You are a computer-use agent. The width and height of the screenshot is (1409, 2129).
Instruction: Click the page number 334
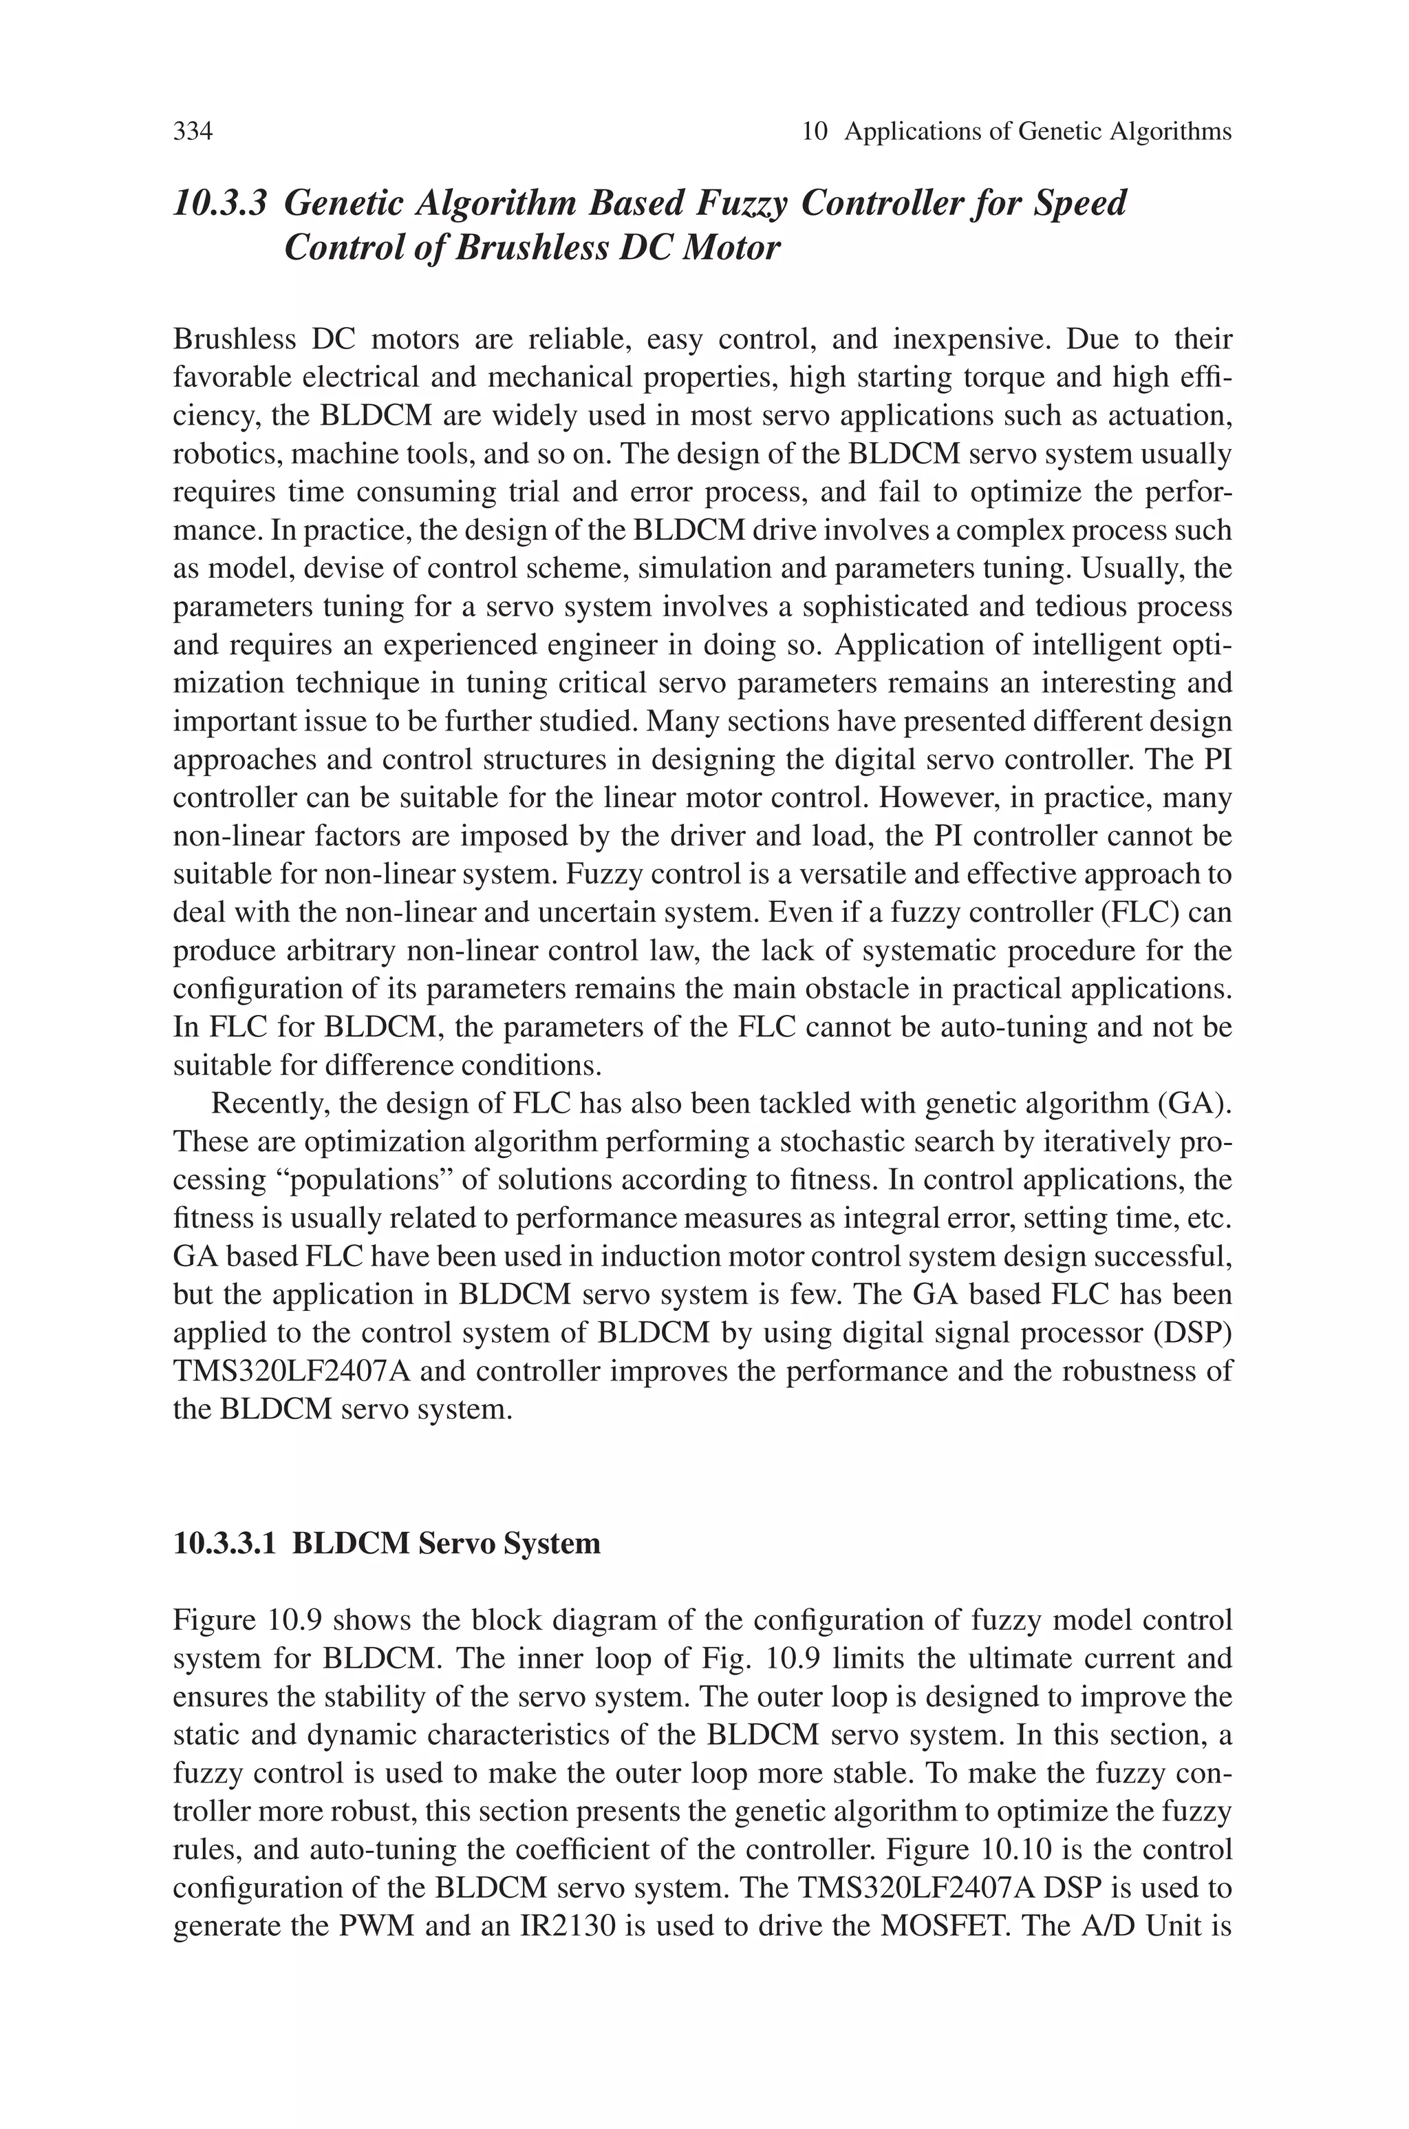click(x=193, y=132)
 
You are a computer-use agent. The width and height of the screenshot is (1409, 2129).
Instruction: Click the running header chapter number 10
click(x=814, y=132)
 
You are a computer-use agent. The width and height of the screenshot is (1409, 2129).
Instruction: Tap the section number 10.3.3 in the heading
click(x=220, y=203)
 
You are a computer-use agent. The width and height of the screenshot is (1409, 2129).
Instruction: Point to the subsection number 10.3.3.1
click(x=226, y=1544)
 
